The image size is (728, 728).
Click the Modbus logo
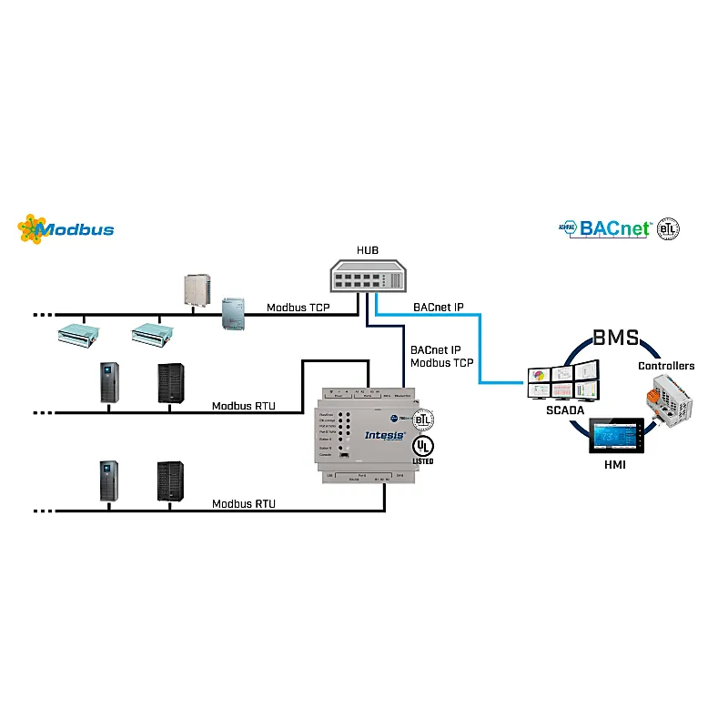66,228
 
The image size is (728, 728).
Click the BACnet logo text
616,228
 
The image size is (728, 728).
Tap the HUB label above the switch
368,250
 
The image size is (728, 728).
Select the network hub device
368,274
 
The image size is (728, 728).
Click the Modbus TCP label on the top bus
298,308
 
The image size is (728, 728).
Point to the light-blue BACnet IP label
438,308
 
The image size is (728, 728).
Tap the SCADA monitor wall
564,380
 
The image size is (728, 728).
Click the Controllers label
665,366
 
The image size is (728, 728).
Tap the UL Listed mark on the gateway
422,449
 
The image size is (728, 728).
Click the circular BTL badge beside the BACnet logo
669,228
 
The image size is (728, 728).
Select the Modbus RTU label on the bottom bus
243,503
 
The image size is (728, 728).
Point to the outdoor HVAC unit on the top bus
197,288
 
